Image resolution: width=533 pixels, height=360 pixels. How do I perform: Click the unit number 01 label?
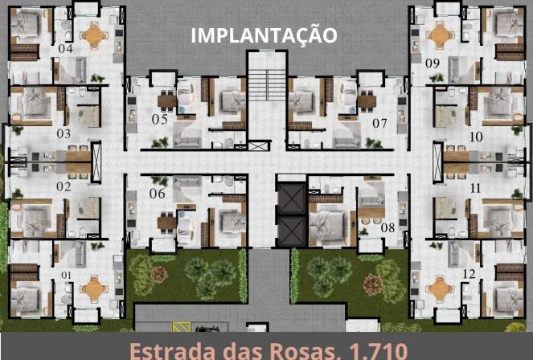pos(67,275)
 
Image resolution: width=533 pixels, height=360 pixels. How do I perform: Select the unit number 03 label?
pos(64,133)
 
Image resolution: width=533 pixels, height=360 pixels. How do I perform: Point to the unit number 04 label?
pos(65,49)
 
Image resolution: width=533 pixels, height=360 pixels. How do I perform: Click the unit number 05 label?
pos(159,120)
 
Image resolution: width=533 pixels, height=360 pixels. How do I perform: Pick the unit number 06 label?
pos(157,194)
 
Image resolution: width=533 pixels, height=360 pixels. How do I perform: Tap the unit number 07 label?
pos(379,123)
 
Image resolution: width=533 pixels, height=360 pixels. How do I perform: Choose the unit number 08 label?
pos(388,227)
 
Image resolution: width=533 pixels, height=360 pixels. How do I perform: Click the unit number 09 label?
pos(433,62)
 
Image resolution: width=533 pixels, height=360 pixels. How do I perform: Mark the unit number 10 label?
pos(475,137)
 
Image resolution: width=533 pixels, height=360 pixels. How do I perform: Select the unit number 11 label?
pos(475,187)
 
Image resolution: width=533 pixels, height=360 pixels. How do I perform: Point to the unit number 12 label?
pos(469,275)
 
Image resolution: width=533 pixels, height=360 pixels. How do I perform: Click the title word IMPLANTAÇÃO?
pos(263,35)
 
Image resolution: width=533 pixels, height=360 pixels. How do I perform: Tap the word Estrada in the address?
pos(171,350)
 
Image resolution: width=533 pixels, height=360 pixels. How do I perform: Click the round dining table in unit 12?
pos(439,287)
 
